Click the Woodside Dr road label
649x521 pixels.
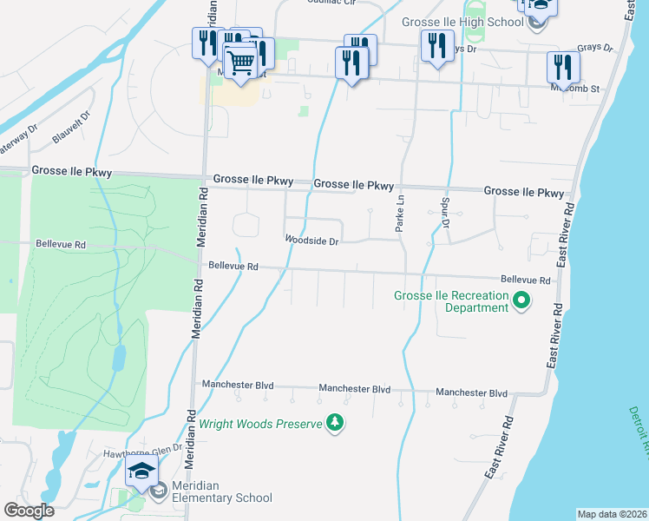pyautogui.click(x=311, y=241)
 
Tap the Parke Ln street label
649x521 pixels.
pyautogui.click(x=401, y=213)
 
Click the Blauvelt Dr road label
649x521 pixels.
pyautogui.click(x=72, y=127)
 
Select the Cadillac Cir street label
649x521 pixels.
pyautogui.click(x=331, y=3)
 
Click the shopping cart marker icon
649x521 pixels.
pyautogui.click(x=240, y=61)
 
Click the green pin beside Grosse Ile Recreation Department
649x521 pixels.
pyautogui.click(x=521, y=301)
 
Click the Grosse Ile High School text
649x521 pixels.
pyautogui.click(x=462, y=22)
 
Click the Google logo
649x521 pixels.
pyautogui.click(x=29, y=511)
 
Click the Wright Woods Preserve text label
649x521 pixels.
pyautogui.click(x=259, y=425)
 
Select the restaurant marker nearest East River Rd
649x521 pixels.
pyautogui.click(x=563, y=66)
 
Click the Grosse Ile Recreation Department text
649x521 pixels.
pyautogui.click(x=451, y=302)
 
